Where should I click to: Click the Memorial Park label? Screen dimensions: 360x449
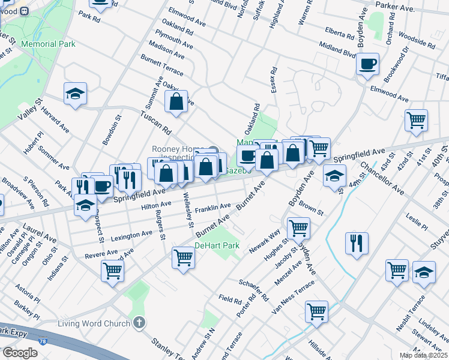pos(48,44)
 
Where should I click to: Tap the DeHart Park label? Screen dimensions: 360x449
pos(217,245)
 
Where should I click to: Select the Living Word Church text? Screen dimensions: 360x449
pos(94,324)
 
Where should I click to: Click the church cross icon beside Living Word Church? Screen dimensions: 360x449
pos(139,323)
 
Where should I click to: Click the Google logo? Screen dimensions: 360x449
pos(20,353)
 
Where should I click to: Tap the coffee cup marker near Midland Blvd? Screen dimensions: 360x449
pos(367,64)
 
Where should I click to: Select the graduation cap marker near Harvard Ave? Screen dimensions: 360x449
pos(76,94)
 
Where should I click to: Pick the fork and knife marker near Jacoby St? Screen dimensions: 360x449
pos(357,243)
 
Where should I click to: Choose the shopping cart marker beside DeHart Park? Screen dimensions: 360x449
pos(183,257)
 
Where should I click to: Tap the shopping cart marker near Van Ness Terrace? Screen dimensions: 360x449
pos(316,311)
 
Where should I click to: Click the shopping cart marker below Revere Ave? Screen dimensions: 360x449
pos(113,271)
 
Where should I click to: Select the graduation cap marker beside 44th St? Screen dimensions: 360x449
pos(334,176)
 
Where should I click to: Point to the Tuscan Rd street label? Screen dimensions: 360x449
pos(155,122)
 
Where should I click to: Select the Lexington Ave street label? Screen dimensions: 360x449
pos(131,233)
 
